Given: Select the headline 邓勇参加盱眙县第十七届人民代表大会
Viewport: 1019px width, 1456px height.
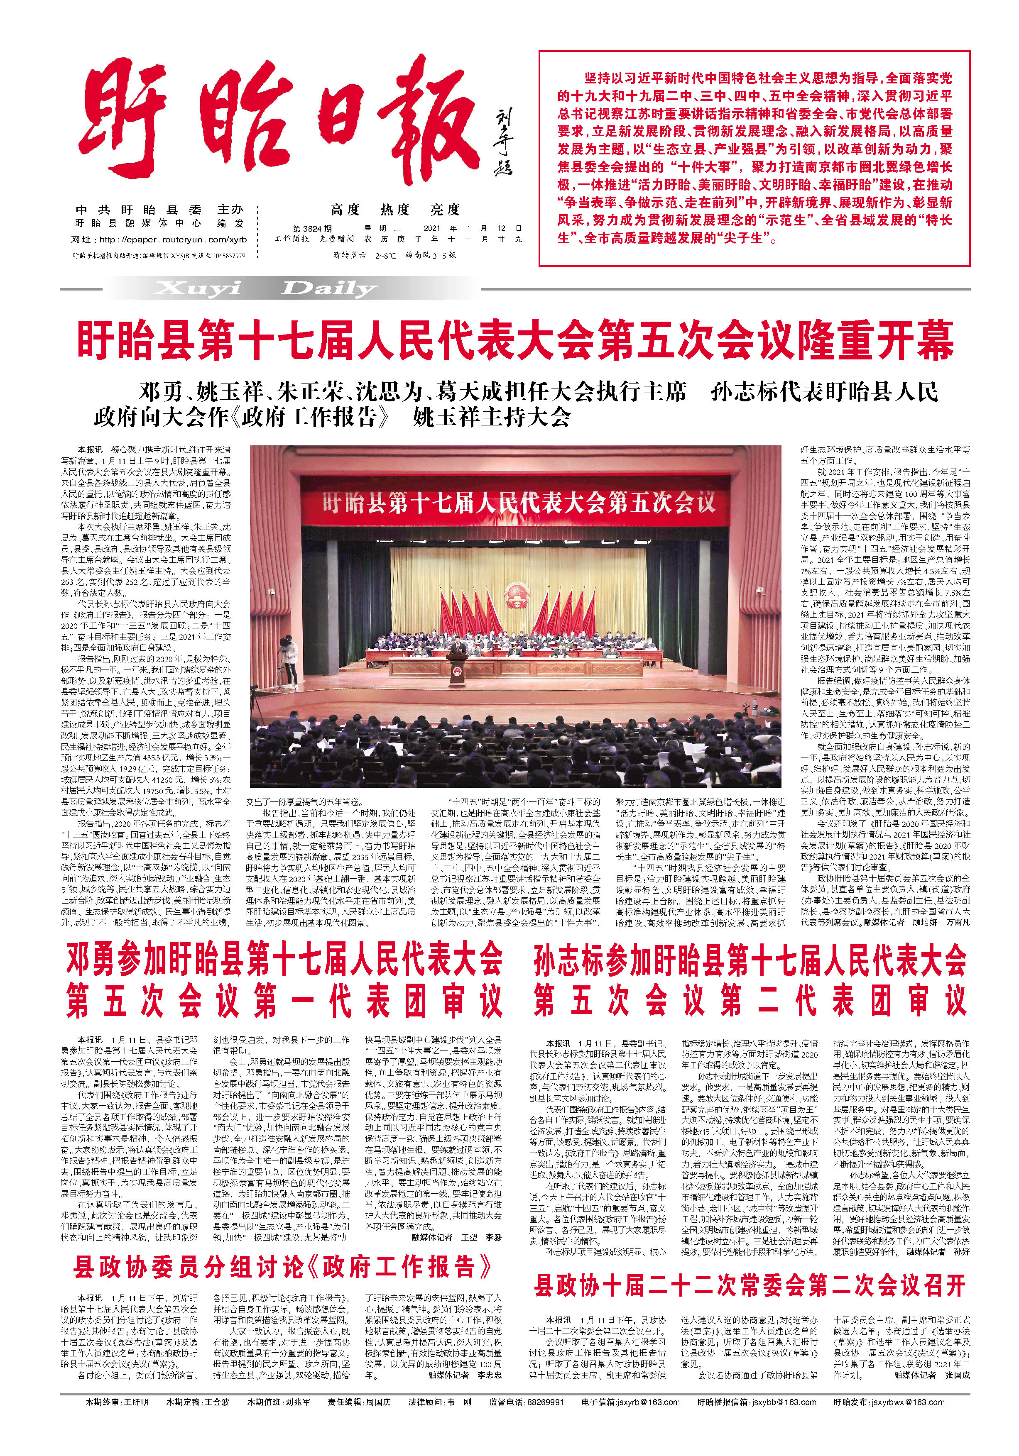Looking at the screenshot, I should point(284,961).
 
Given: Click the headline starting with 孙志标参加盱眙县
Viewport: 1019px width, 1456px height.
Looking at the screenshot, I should point(750,961).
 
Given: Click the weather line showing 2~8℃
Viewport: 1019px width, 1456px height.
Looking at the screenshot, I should point(394,254).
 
